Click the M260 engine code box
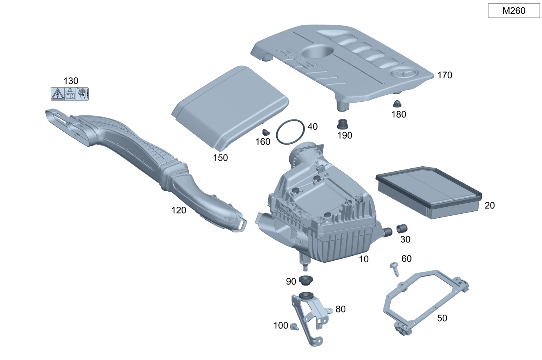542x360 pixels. click(x=514, y=11)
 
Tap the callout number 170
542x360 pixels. click(x=445, y=75)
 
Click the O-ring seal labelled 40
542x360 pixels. click(x=290, y=132)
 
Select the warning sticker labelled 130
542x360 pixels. click(x=69, y=94)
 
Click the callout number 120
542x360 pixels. click(x=179, y=210)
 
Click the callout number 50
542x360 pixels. click(x=442, y=318)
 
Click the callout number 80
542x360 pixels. click(x=340, y=309)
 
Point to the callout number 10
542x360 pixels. click(x=363, y=259)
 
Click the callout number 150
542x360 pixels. click(x=220, y=158)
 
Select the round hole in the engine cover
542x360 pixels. click(x=318, y=52)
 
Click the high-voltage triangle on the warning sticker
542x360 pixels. click(x=56, y=94)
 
